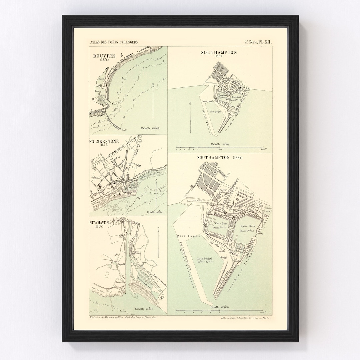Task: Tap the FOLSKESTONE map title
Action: (104, 141)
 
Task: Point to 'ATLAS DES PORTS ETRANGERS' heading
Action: (114, 42)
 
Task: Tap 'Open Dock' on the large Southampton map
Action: (247, 225)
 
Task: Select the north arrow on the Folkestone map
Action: (156, 193)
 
